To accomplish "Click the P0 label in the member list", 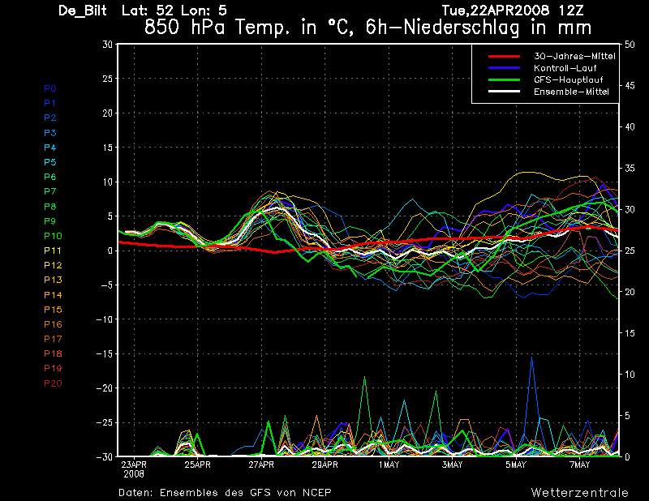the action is (49, 88).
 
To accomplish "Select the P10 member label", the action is (53, 236).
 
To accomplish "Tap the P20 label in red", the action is (53, 383).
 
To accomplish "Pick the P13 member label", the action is (53, 280).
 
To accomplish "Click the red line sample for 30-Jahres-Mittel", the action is (504, 56).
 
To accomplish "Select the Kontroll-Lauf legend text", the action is (565, 68).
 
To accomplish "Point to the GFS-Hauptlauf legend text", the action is (569, 79).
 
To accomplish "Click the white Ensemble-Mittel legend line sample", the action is (504, 92).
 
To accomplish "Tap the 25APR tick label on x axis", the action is (197, 465).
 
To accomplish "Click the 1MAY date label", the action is (389, 465).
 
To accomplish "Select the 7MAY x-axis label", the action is (579, 465).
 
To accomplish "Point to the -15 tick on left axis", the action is (105, 353).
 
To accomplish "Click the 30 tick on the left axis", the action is (108, 44).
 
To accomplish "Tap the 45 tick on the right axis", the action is (630, 86).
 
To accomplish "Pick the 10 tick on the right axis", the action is (630, 375).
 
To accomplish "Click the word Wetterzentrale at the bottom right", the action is (579, 492).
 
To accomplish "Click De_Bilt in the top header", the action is (83, 11).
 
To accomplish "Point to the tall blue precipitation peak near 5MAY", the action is (532, 358).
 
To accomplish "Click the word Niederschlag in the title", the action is (461, 28).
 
